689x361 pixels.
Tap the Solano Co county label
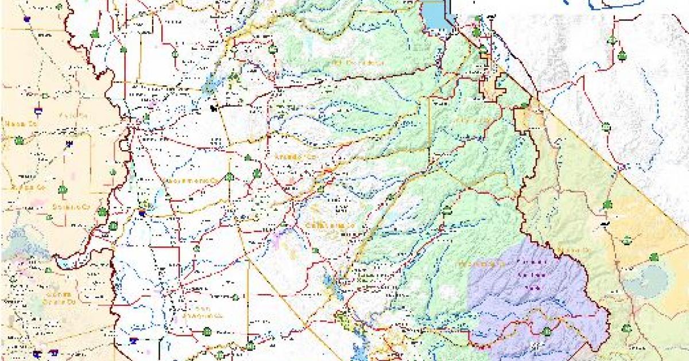click(x=79, y=206)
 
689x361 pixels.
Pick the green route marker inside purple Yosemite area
click(x=547, y=331)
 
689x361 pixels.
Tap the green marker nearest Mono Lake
click(x=653, y=257)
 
